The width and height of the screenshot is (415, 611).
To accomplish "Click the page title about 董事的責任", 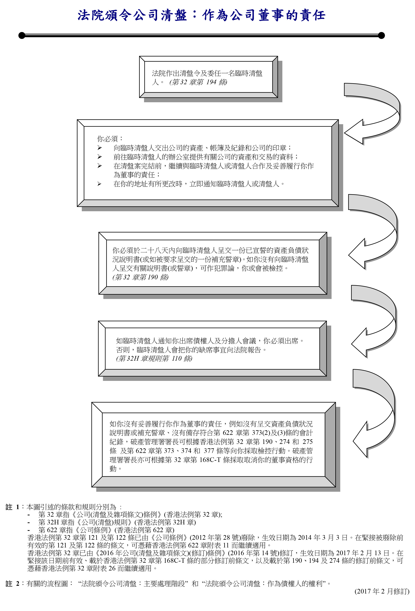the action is pos(202,15).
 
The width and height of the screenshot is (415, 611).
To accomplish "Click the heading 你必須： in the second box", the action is pos(110,139).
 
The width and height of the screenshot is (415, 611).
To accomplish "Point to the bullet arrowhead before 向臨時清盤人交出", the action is pos(99,148).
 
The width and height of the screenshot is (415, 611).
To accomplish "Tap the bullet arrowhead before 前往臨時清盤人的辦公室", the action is pos(99,157).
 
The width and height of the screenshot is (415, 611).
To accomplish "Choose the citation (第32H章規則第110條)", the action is pos(154,359).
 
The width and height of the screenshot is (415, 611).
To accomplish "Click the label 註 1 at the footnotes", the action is pos(12,507).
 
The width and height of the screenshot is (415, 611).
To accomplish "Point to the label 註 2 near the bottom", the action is pos(12,584).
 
